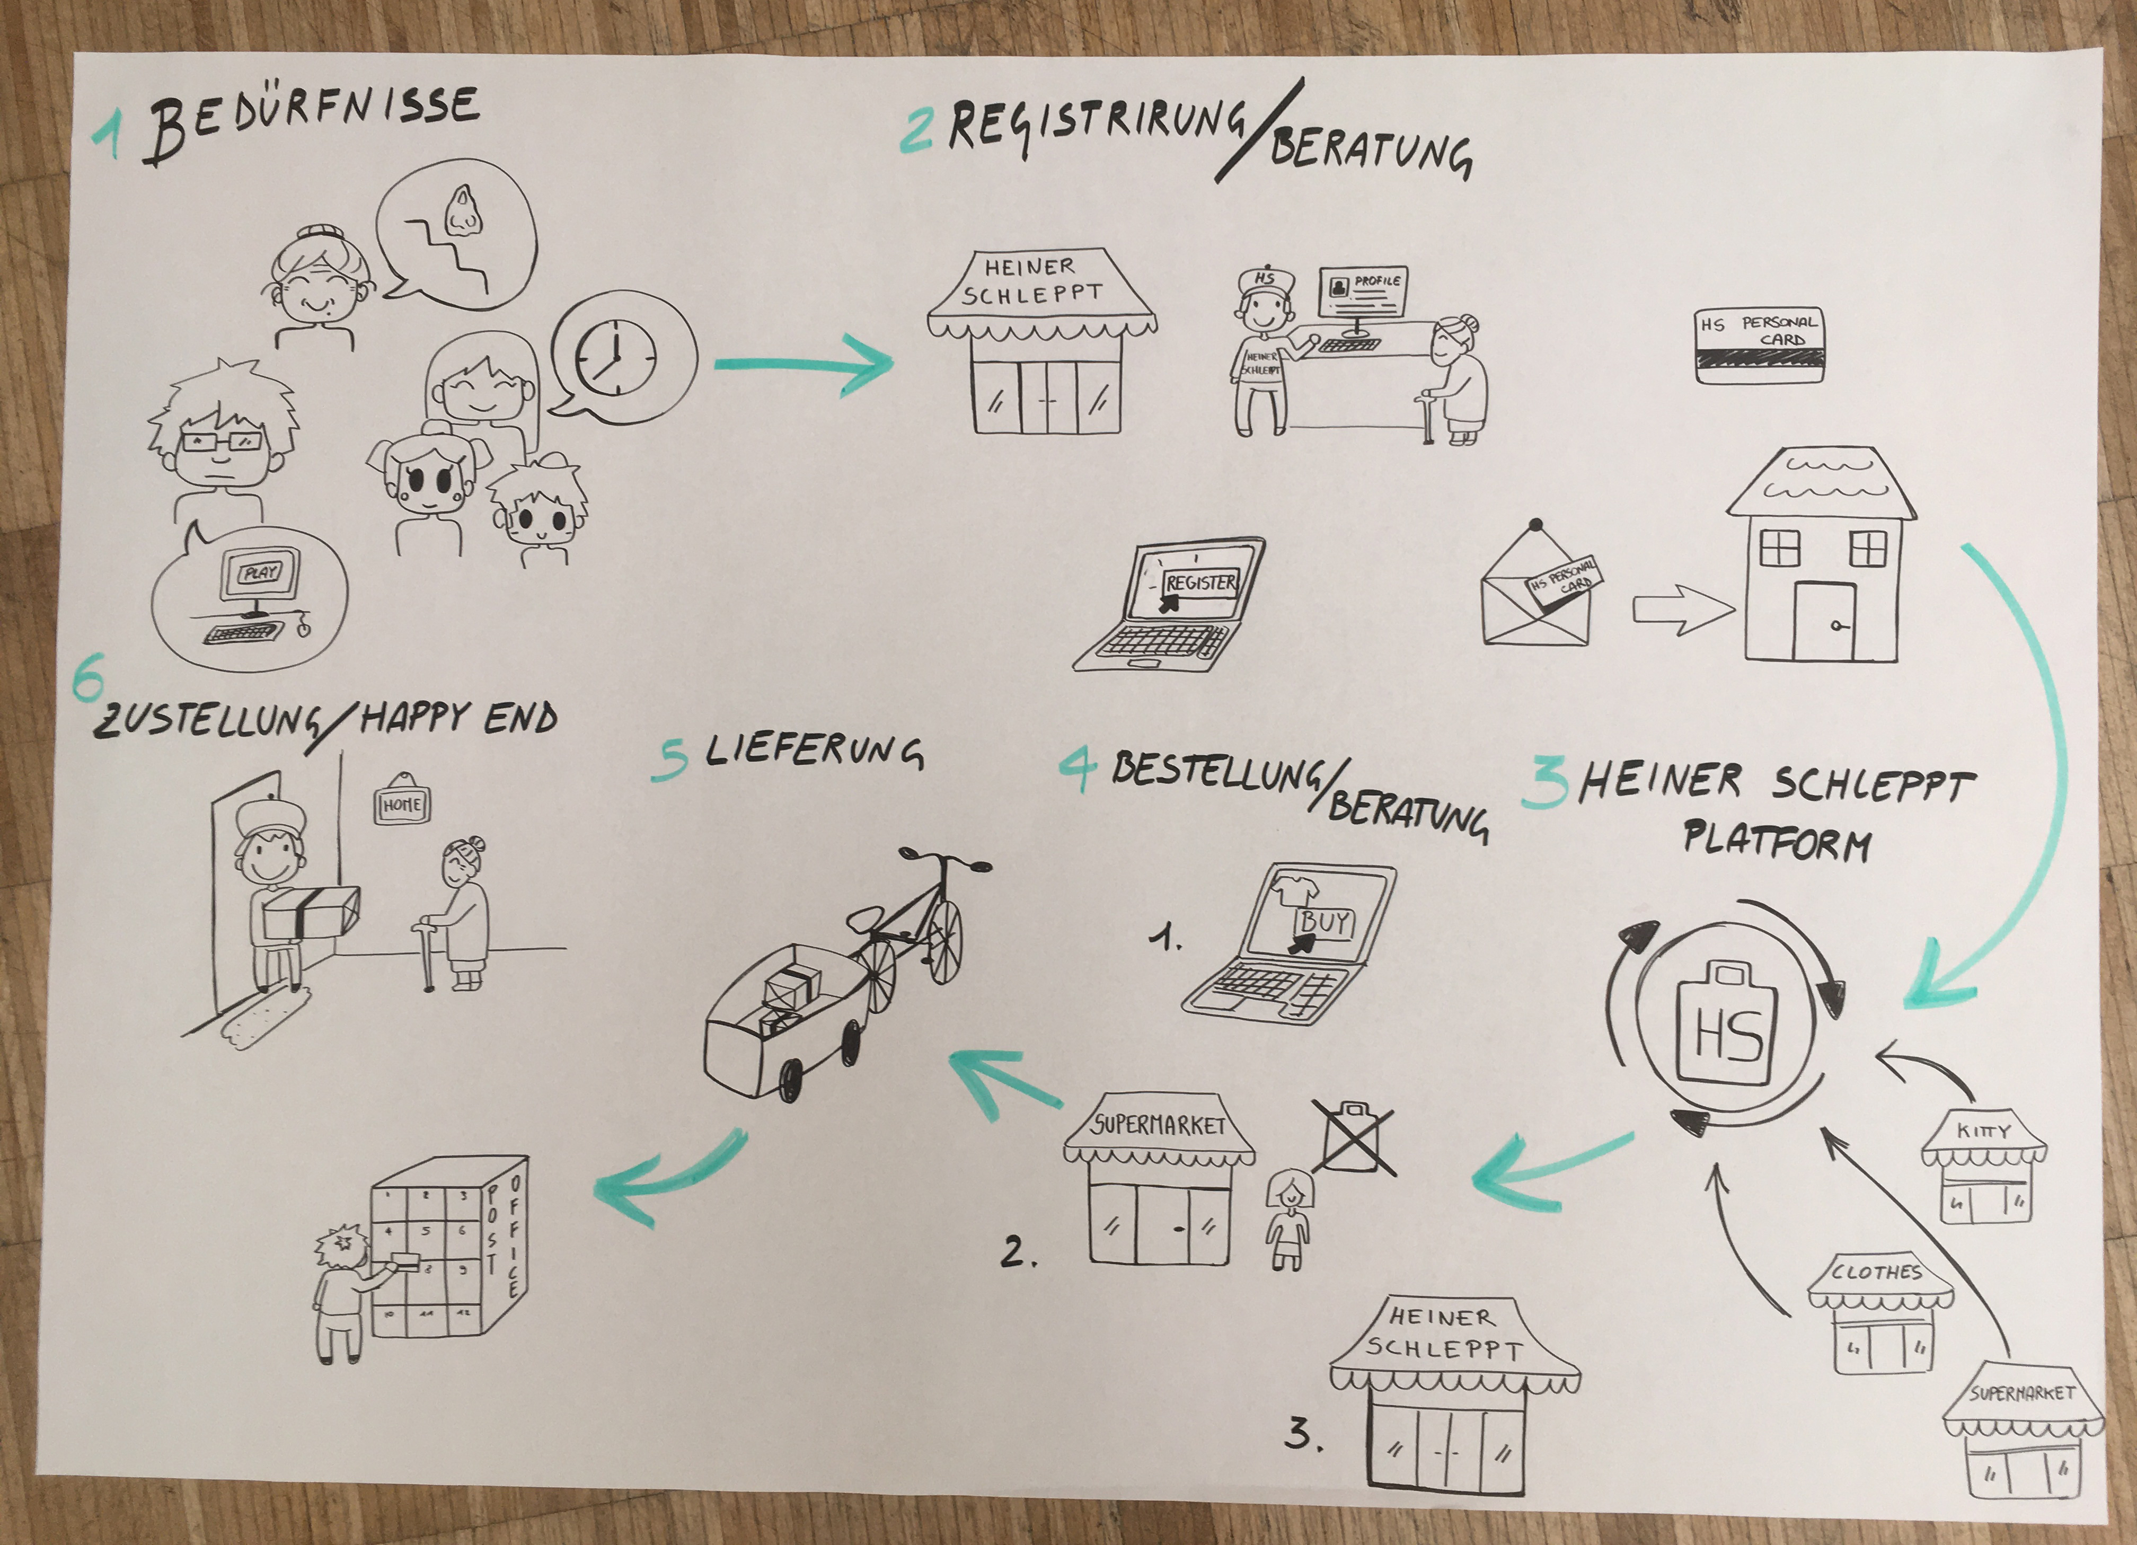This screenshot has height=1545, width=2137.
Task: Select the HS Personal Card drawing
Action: (1758, 346)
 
